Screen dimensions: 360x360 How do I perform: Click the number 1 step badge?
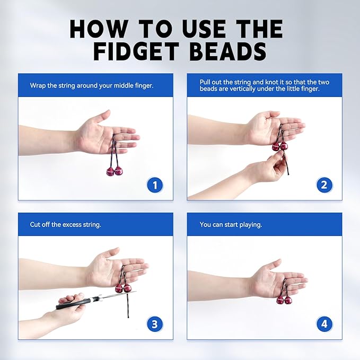click(x=155, y=185)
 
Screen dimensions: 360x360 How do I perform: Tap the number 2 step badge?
click(x=324, y=185)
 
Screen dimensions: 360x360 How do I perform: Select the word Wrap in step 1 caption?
click(x=38, y=85)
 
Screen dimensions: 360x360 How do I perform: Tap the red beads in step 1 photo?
click(x=114, y=171)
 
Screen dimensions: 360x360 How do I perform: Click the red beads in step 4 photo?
click(x=284, y=300)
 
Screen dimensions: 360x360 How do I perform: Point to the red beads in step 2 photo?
click(x=279, y=146)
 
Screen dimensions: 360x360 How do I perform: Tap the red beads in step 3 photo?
click(x=123, y=288)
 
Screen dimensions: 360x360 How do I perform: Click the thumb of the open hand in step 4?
click(x=273, y=265)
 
